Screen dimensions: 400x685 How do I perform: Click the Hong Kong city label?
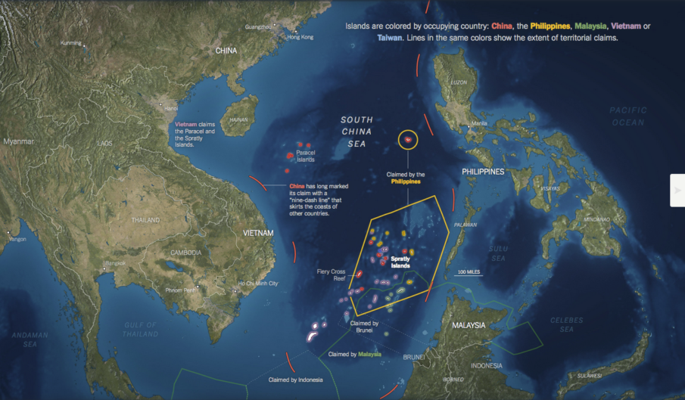pos(300,37)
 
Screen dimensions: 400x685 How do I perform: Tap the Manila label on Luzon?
pos(479,123)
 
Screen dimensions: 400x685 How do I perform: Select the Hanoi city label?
pos(170,108)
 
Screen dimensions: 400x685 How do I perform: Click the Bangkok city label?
pos(115,262)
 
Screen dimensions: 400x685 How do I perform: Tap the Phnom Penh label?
pos(181,290)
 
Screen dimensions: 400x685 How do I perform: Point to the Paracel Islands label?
pos(306,156)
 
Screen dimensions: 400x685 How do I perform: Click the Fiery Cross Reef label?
pos(332,274)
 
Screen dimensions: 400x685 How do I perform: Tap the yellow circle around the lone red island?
pos(408,139)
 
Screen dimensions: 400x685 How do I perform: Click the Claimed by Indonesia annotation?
pos(296,380)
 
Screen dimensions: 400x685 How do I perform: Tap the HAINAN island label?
pos(239,119)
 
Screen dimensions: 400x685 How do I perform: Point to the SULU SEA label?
pos(497,253)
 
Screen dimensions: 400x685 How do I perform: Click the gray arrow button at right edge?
pos(677,190)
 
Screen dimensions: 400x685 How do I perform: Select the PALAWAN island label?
pos(465,225)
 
